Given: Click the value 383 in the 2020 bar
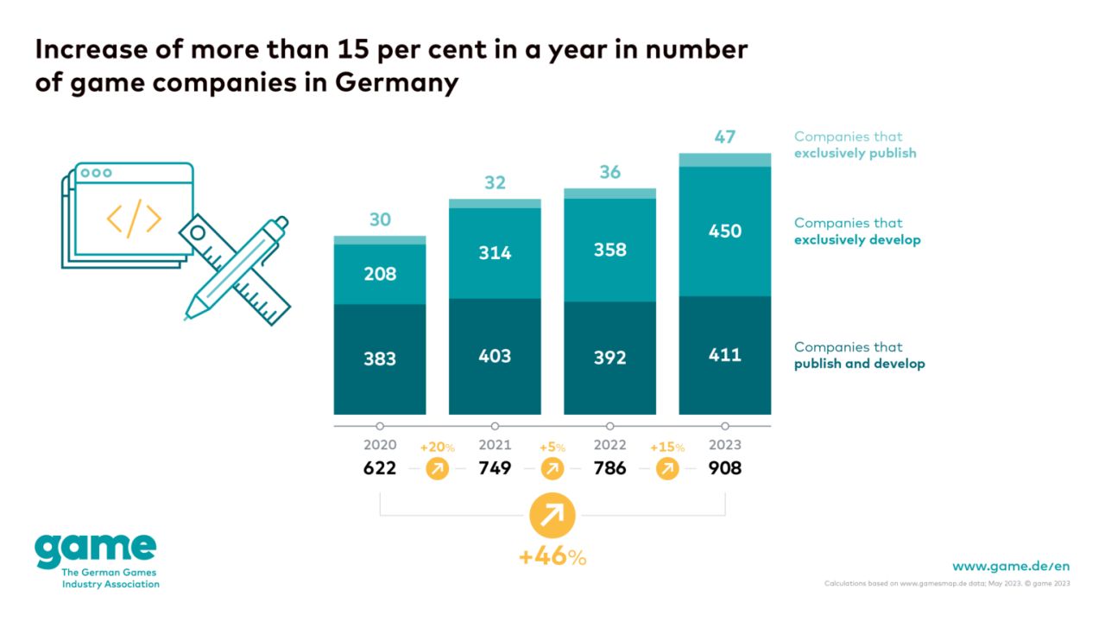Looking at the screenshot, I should [380, 358].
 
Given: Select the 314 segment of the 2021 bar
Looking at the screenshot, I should [495, 252].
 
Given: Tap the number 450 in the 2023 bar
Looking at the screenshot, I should [724, 231].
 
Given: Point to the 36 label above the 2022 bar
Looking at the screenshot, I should [609, 172].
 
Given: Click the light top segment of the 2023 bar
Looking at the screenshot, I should [724, 160].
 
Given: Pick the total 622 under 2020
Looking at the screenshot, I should [380, 468].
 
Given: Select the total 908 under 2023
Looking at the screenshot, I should [724, 468].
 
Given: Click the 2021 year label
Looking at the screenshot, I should [495, 445].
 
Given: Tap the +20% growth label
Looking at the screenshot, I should [437, 447].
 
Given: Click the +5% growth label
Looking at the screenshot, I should [552, 447].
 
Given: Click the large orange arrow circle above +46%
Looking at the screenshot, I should [552, 516].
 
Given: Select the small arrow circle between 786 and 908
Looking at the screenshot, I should [667, 469].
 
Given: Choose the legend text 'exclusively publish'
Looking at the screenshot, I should [855, 153].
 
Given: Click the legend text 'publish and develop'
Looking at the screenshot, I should [859, 364].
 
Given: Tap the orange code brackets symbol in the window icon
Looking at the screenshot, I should [134, 219].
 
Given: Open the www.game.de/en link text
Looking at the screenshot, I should [1011, 566].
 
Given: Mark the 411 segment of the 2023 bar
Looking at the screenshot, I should [724, 354].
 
